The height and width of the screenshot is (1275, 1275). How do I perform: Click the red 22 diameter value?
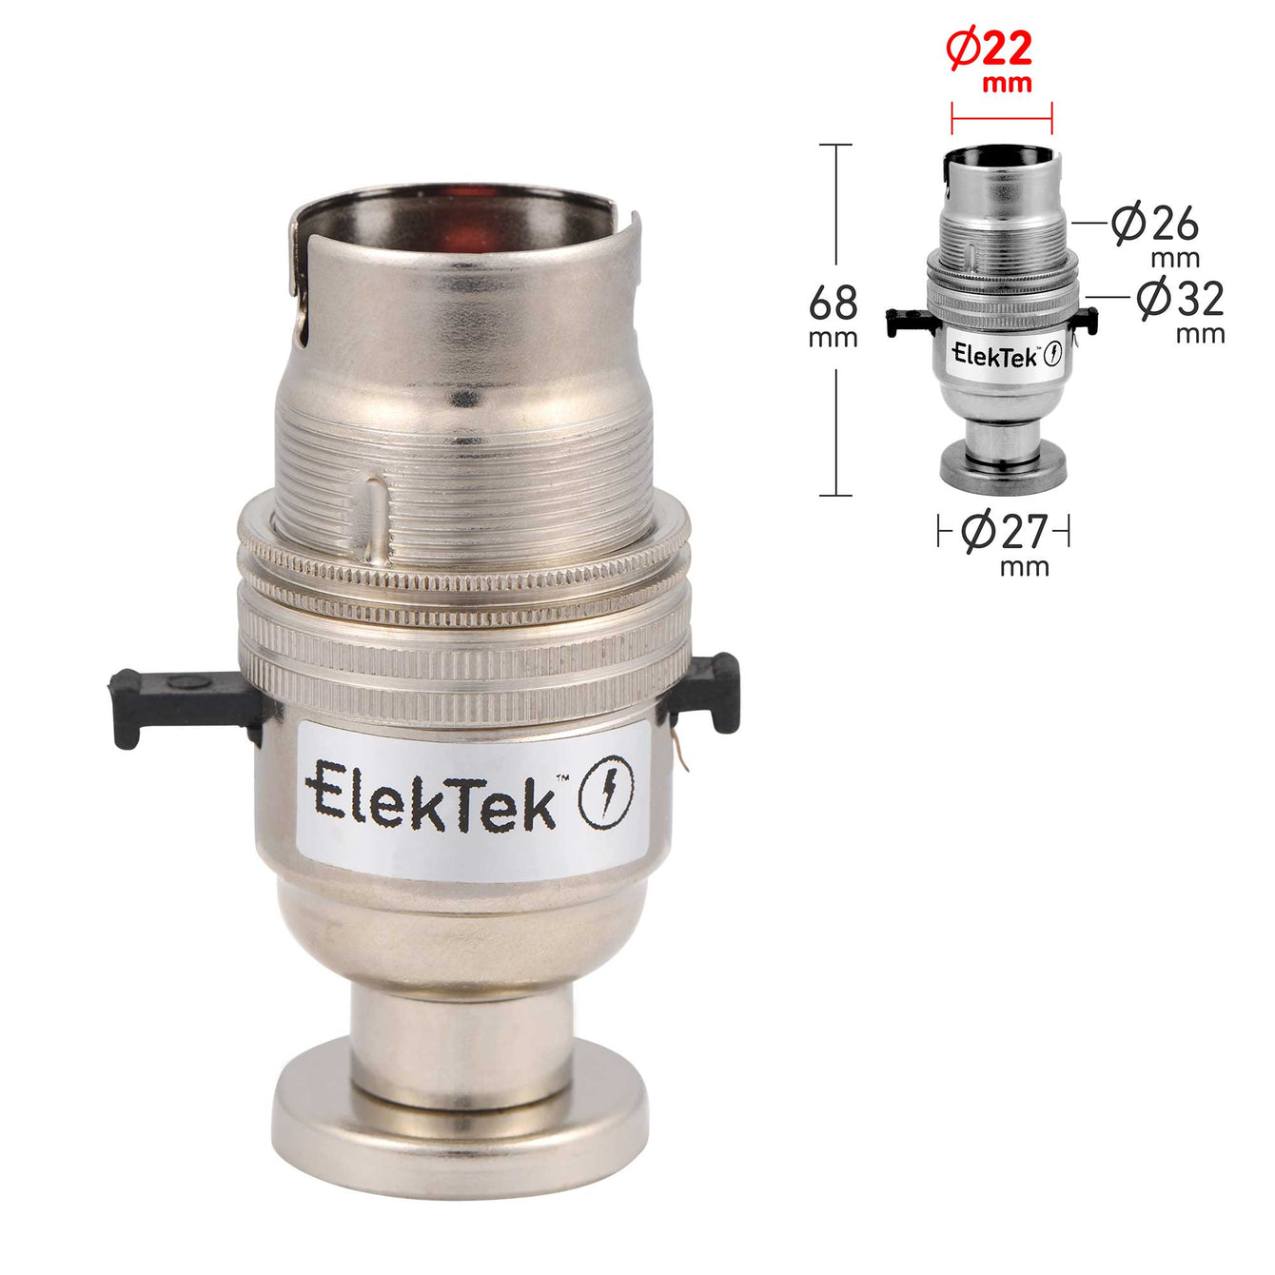tap(1006, 49)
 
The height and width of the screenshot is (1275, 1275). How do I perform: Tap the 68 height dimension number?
tap(833, 304)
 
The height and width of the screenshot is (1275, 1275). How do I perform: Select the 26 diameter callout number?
tap(1174, 224)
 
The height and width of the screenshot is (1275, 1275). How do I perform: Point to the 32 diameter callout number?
tap(1199, 298)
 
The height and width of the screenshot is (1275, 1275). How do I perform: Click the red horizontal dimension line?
tap(1002, 119)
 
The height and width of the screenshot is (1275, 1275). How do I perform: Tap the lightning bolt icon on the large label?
tap(606, 792)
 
